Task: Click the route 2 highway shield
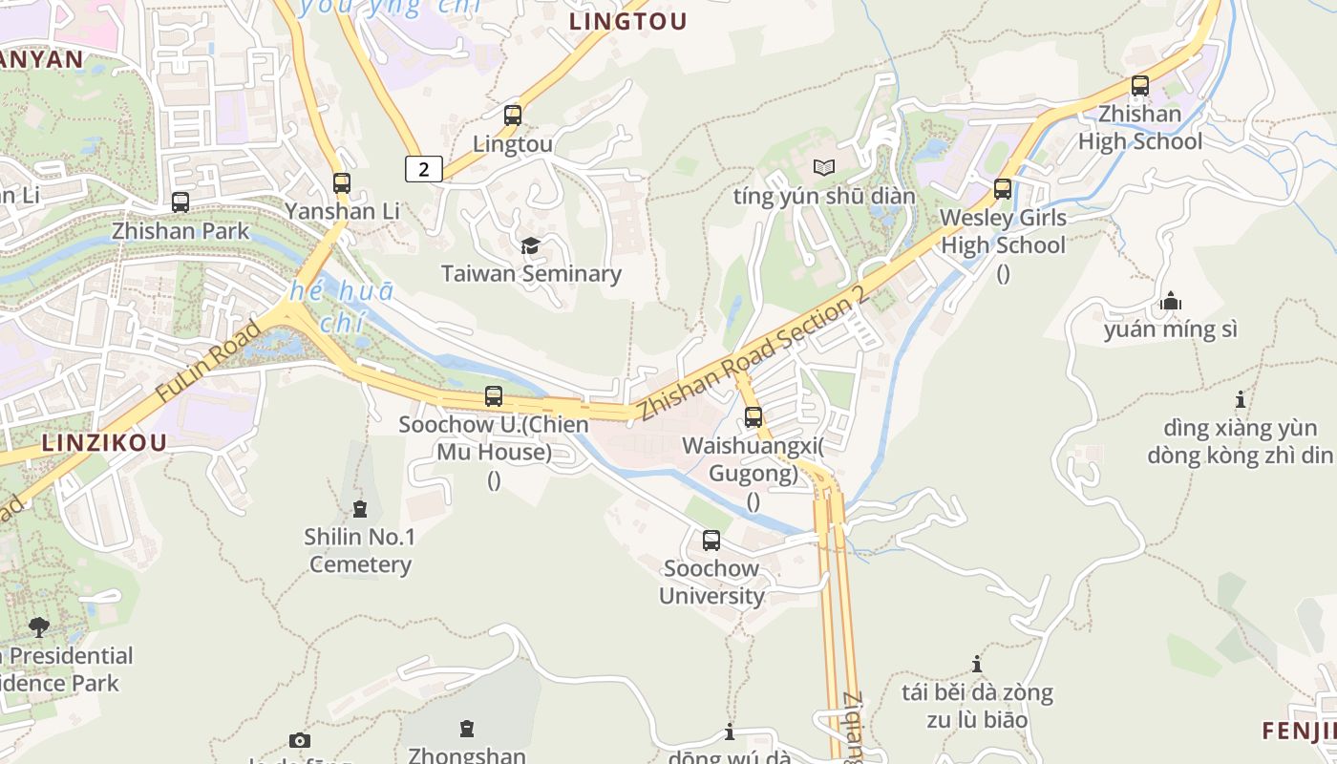point(423,169)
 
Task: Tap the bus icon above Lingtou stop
point(513,116)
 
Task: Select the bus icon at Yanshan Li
point(342,182)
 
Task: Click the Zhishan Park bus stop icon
point(180,202)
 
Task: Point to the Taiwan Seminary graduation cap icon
point(531,245)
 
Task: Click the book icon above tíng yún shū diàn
point(824,168)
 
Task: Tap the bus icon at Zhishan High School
point(1139,86)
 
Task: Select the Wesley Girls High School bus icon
point(1002,189)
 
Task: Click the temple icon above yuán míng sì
point(1170,302)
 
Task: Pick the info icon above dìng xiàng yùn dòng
point(1241,399)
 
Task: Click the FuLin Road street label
point(207,361)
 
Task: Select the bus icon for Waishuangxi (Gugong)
point(753,417)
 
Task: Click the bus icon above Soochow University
point(711,541)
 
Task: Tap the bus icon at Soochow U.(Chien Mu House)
point(494,396)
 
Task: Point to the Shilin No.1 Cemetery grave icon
point(360,509)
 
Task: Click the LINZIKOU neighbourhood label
point(104,442)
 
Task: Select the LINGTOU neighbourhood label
point(627,21)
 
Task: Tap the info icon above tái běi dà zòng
point(976,664)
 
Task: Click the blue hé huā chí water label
point(341,307)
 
